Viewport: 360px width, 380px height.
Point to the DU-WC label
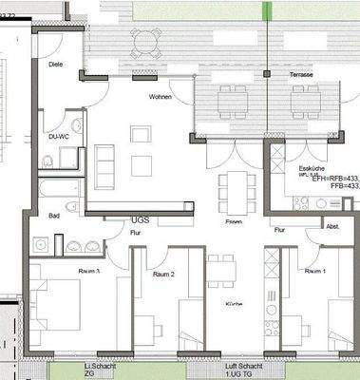coord(58,136)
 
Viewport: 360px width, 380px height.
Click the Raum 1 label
coord(314,271)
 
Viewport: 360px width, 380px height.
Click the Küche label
coord(234,303)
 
